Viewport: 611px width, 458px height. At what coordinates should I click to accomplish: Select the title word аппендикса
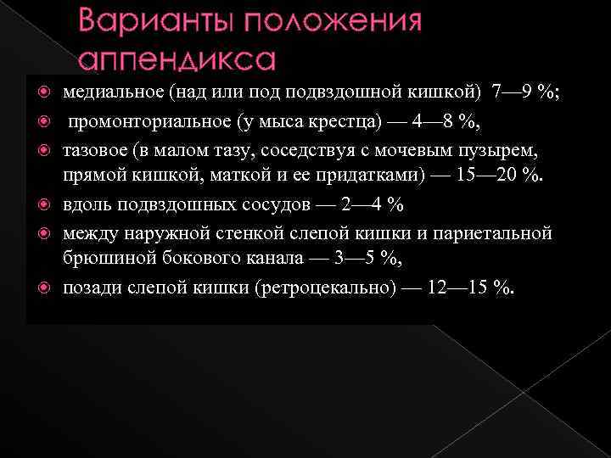pyautogui.click(x=177, y=60)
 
